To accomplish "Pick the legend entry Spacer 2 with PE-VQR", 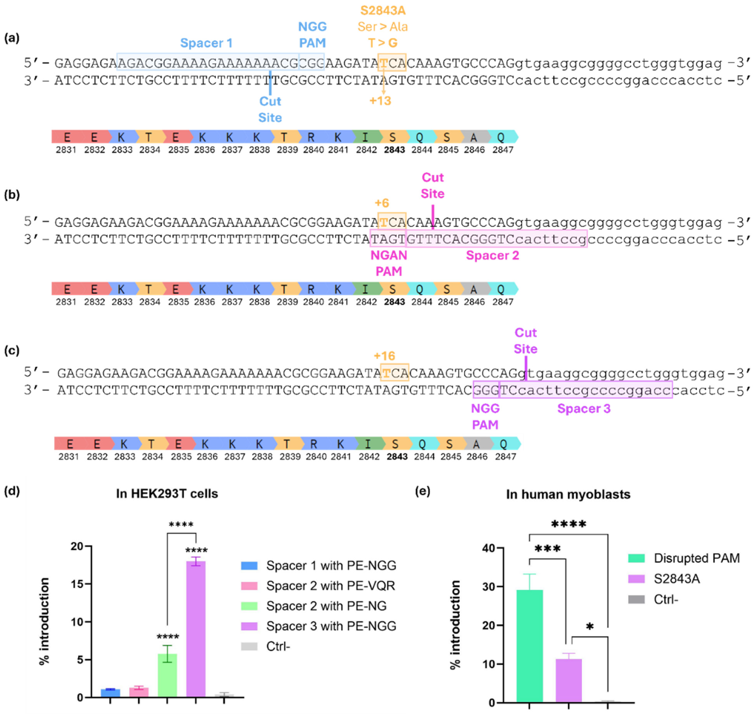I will [x=331, y=586].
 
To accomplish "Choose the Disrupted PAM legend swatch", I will [x=636, y=558].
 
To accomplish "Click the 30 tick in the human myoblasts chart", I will [x=489, y=587].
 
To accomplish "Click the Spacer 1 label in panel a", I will [x=206, y=43].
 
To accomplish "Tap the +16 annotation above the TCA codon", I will [x=384, y=356].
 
